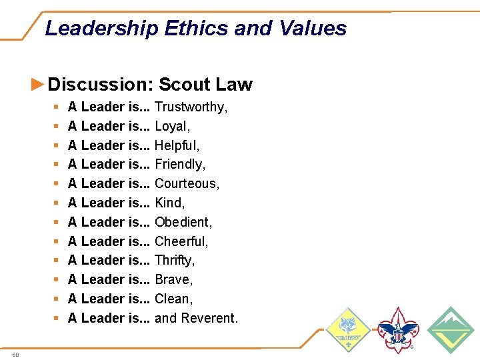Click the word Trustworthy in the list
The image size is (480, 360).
click(191, 107)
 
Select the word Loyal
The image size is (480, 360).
click(172, 126)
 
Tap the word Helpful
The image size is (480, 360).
click(177, 145)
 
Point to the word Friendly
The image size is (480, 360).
click(180, 164)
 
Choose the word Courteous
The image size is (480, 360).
click(187, 183)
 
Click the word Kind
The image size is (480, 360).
click(169, 203)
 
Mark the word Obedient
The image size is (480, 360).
click(183, 222)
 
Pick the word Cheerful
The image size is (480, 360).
click(181, 241)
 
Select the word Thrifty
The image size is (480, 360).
click(175, 260)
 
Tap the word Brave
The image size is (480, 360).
click(173, 279)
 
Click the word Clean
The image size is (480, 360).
click(173, 299)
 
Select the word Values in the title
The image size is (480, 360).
click(313, 29)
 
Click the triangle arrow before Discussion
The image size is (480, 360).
click(38, 84)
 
